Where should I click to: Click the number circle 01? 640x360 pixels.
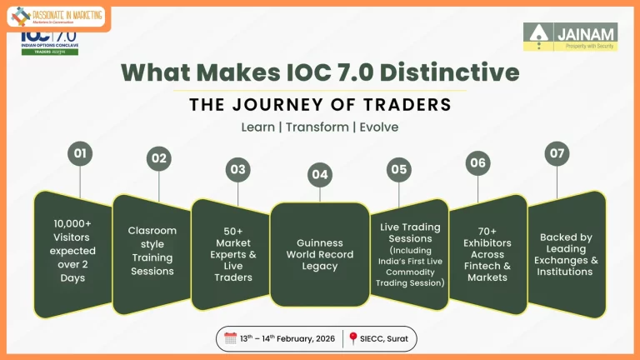coord(80,154)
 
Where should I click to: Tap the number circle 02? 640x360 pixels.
coord(158,158)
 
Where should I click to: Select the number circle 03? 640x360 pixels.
coord(238,169)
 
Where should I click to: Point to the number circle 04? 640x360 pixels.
coord(319,175)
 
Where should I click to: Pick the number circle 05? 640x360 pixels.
coord(399,169)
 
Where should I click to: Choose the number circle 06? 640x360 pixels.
coord(477,162)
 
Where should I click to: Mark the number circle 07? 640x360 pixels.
coord(557,154)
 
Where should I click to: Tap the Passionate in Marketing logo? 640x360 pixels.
coord(56,15)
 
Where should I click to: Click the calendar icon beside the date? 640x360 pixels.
coord(231,338)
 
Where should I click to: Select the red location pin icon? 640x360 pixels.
coord(353,338)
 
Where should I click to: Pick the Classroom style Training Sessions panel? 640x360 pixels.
coord(152,251)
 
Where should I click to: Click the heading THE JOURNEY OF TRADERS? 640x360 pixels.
coord(320,105)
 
